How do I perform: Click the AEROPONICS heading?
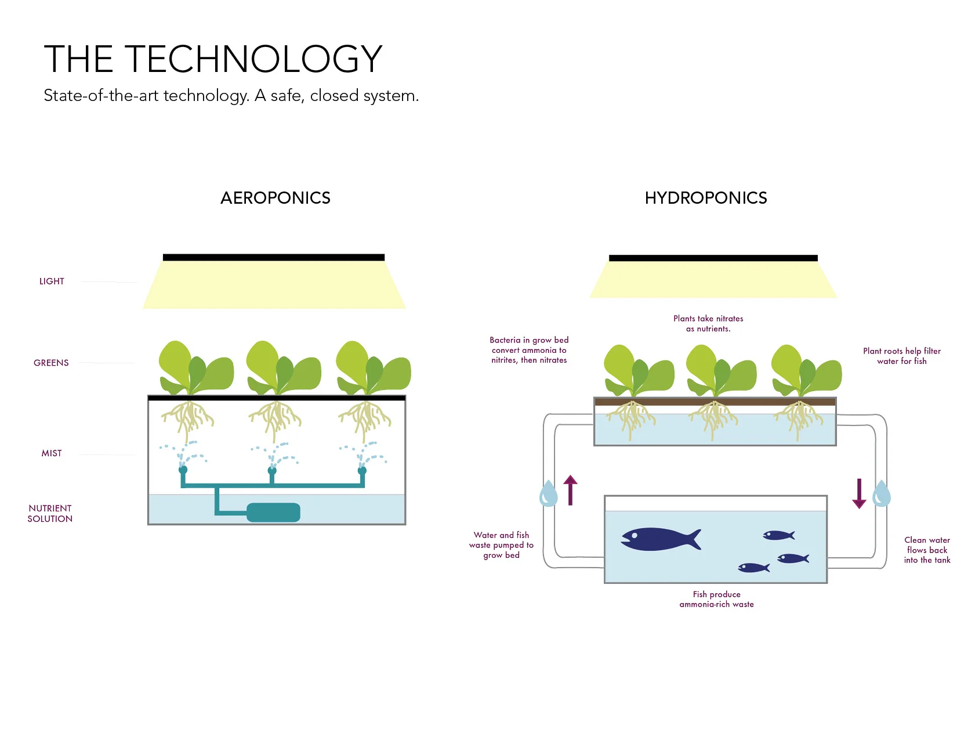(x=275, y=198)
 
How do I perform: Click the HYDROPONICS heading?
(x=706, y=198)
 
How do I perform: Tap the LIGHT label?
(x=52, y=281)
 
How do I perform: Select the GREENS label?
(x=51, y=363)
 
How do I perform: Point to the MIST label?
(x=52, y=453)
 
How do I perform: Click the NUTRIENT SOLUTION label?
(x=50, y=514)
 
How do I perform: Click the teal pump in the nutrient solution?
(x=273, y=512)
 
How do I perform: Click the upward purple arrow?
(x=571, y=490)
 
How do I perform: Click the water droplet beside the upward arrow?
(x=548, y=494)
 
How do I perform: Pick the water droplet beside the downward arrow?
(x=881, y=494)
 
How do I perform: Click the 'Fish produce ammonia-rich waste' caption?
(x=716, y=599)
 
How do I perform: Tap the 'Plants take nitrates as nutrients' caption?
(x=708, y=323)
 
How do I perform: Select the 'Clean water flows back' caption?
(x=927, y=550)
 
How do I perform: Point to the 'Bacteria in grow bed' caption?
(x=529, y=350)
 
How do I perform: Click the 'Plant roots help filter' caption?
(x=901, y=356)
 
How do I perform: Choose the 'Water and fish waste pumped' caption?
(x=501, y=545)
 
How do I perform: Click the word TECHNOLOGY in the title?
(x=253, y=59)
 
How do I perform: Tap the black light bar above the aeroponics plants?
(x=273, y=257)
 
